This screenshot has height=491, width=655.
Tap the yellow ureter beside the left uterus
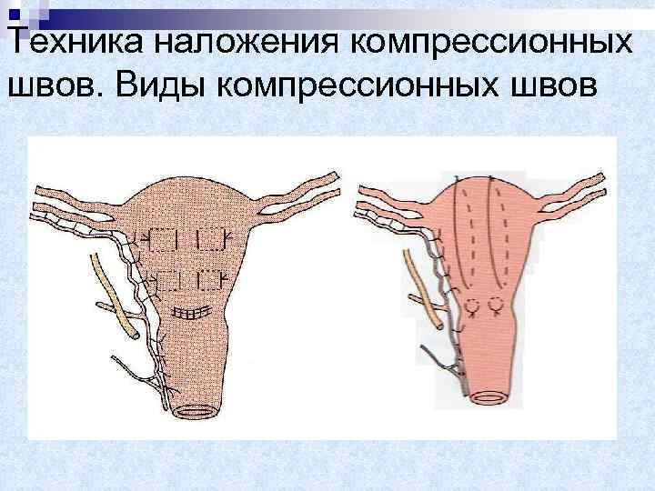(x=113, y=293)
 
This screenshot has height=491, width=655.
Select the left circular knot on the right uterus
(x=472, y=306)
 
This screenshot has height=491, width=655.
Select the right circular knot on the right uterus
(x=497, y=306)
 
